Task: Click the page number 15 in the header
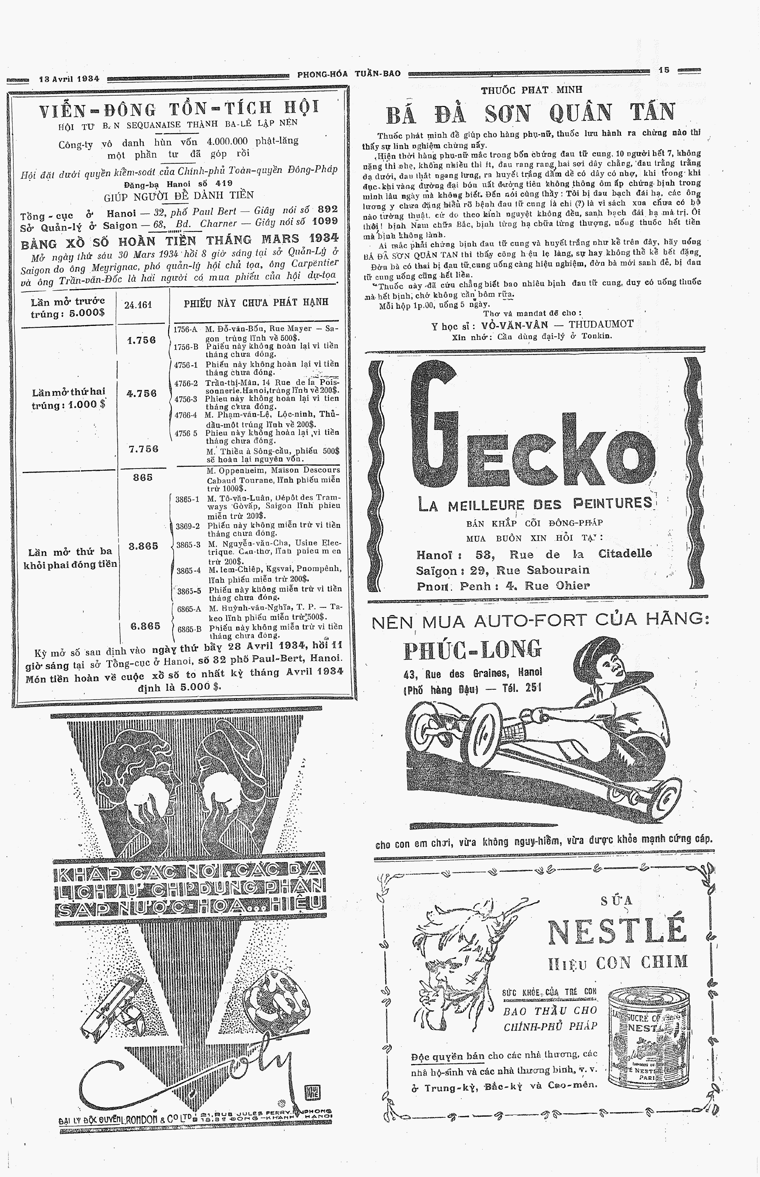(x=664, y=70)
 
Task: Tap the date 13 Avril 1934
(x=69, y=78)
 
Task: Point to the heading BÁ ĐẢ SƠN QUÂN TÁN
(x=530, y=113)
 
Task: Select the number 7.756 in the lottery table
(x=143, y=449)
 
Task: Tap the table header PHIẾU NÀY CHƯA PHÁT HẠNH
(x=256, y=302)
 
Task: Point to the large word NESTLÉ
(x=617, y=931)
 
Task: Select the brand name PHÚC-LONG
(x=472, y=650)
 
